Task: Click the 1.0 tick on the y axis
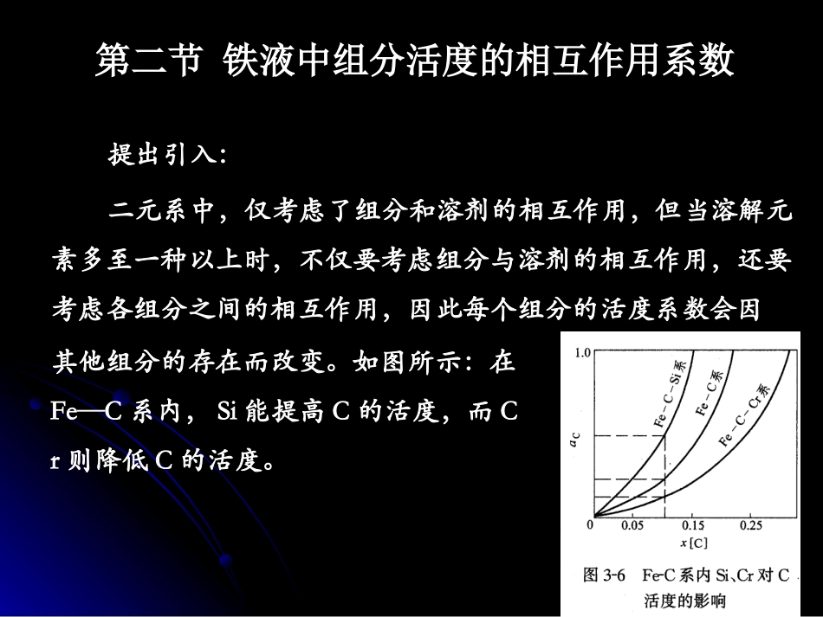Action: coord(580,353)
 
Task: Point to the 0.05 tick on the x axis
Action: coord(632,525)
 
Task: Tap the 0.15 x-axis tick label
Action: coord(693,525)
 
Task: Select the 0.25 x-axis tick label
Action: coord(751,525)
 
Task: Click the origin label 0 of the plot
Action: coord(591,524)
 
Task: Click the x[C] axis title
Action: coord(693,543)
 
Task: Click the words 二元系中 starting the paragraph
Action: coord(160,211)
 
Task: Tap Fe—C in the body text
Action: coord(86,412)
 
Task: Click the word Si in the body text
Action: coord(227,412)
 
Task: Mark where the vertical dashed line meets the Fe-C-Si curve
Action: coord(664,435)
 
